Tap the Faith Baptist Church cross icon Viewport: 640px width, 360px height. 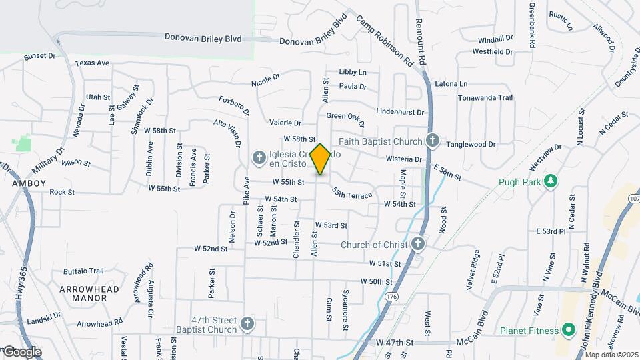tap(432, 141)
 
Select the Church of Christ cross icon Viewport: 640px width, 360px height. tap(418, 244)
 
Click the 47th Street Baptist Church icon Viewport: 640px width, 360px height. tap(247, 324)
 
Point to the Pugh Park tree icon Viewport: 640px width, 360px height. tap(551, 181)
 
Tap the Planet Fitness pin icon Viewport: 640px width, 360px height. tap(569, 329)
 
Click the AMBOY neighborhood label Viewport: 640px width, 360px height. tap(29, 183)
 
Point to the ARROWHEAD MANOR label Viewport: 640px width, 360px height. tap(89, 293)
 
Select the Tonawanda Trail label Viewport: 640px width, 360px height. tap(485, 97)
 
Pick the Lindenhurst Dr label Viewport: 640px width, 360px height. tap(400, 111)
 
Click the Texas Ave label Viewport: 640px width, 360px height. tap(92, 63)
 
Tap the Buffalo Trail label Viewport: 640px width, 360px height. tap(83, 271)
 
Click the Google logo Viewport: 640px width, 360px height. tap(22, 351)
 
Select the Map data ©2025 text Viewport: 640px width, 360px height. tap(611, 355)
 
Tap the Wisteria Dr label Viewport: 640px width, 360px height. tap(404, 159)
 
